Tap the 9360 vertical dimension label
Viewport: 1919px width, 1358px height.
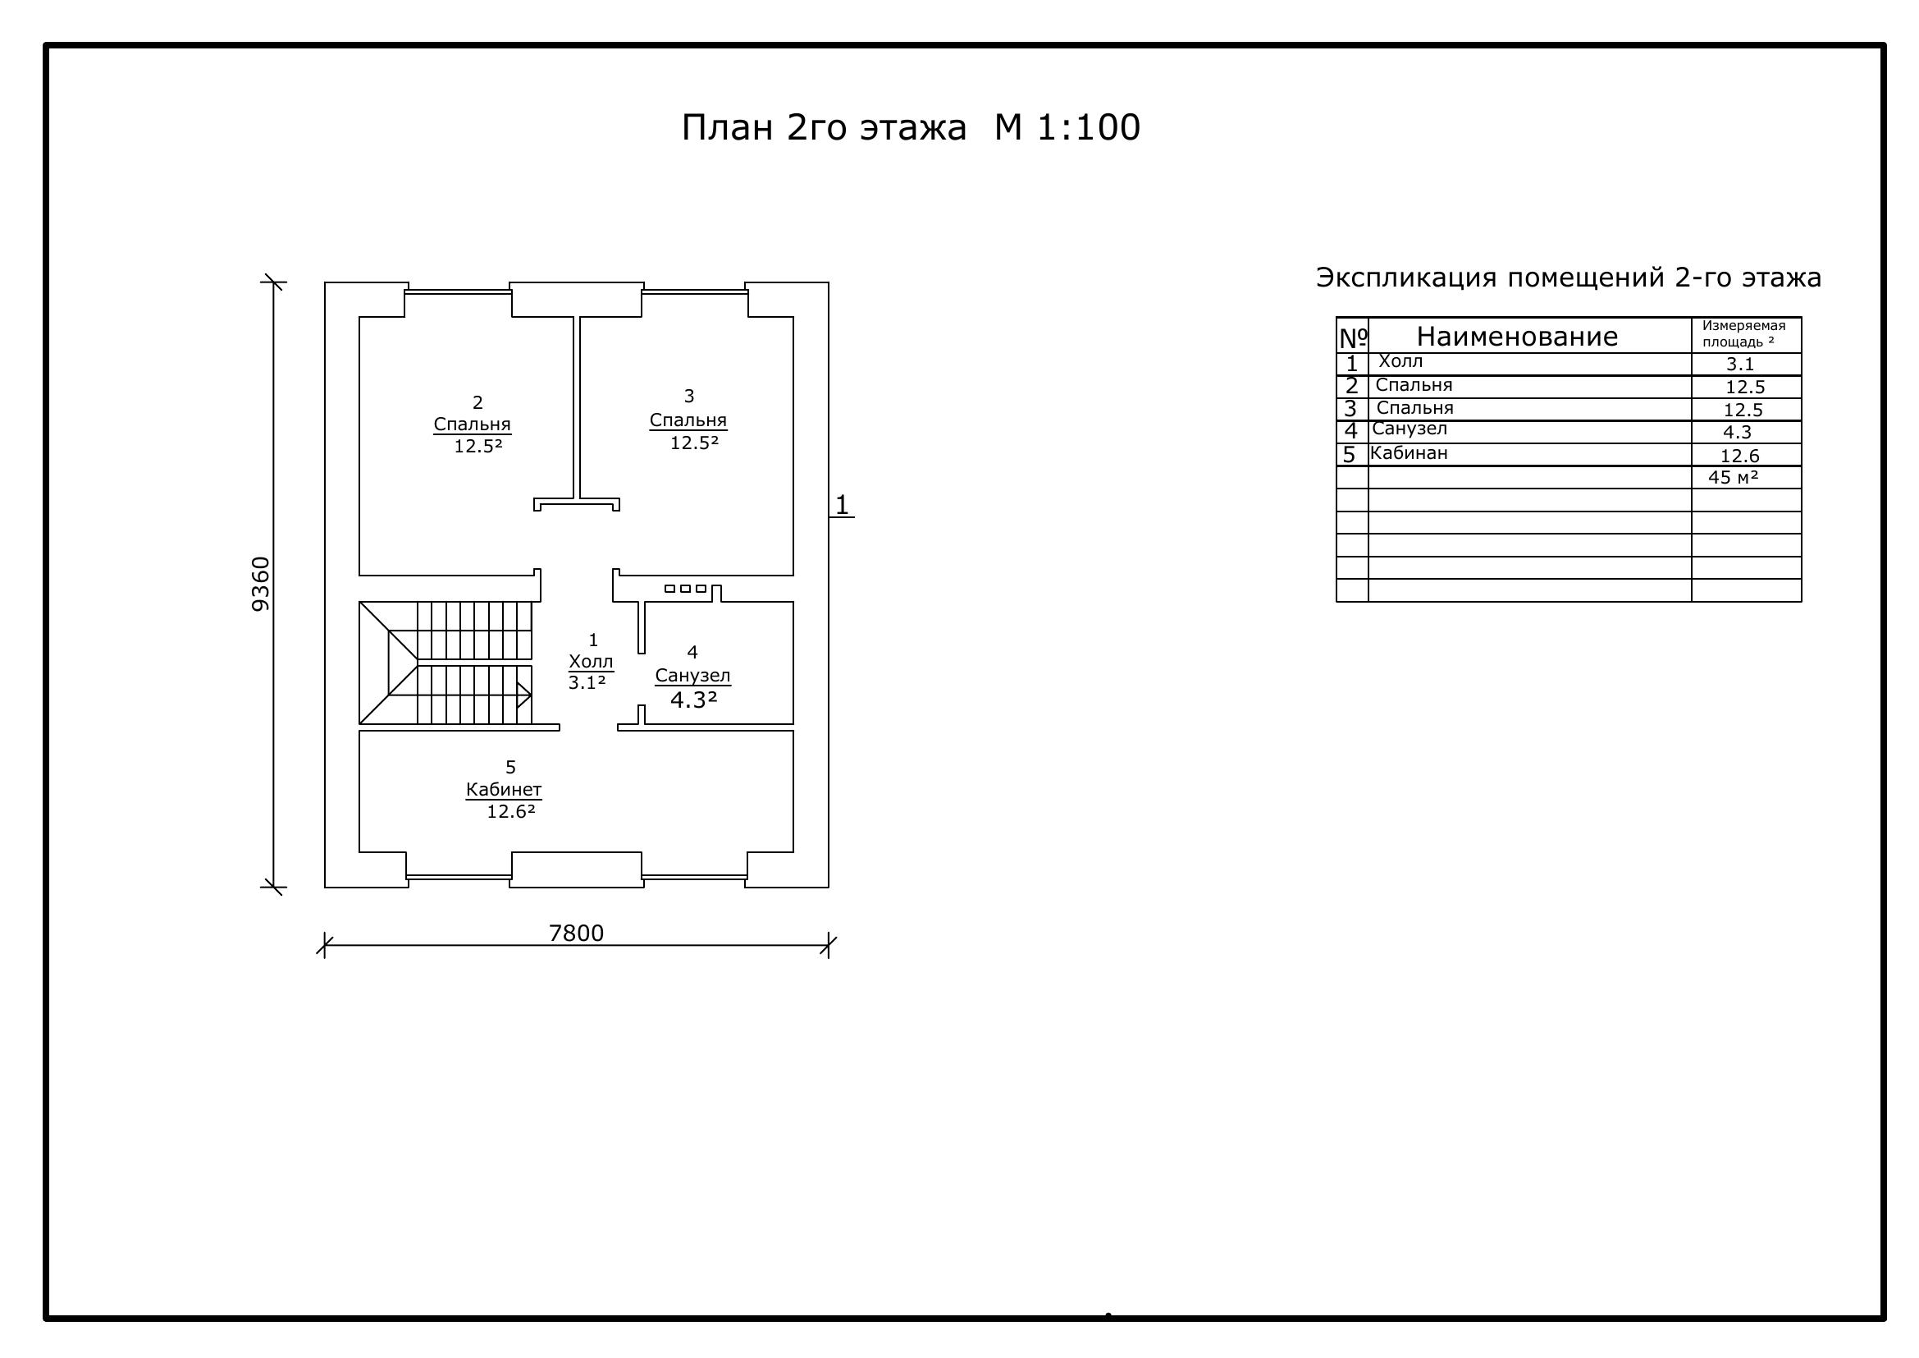click(x=262, y=584)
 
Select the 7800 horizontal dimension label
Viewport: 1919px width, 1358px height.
click(x=576, y=933)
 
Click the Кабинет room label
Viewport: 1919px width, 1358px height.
click(x=504, y=789)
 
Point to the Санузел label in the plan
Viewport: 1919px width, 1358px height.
click(x=693, y=676)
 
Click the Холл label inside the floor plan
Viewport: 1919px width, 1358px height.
click(x=591, y=662)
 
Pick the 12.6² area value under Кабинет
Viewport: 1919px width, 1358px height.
click(x=510, y=811)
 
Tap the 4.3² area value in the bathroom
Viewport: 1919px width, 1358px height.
click(x=694, y=700)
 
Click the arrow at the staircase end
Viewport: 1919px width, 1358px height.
click(x=524, y=695)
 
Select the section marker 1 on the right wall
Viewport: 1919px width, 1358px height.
click(x=842, y=505)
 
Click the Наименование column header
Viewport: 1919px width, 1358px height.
click(x=1517, y=336)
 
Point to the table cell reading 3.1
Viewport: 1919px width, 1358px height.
click(x=1740, y=365)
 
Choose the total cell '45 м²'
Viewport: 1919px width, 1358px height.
click(x=1734, y=478)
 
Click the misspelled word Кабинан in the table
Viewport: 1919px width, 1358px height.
click(x=1409, y=454)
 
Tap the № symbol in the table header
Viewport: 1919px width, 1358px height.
click(x=1353, y=337)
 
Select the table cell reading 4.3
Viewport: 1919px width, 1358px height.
click(x=1737, y=433)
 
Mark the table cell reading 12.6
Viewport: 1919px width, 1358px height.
click(x=1740, y=456)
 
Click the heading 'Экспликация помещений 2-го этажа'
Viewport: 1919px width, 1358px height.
click(x=1569, y=278)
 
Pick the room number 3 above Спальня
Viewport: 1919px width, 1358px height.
click(x=688, y=396)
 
